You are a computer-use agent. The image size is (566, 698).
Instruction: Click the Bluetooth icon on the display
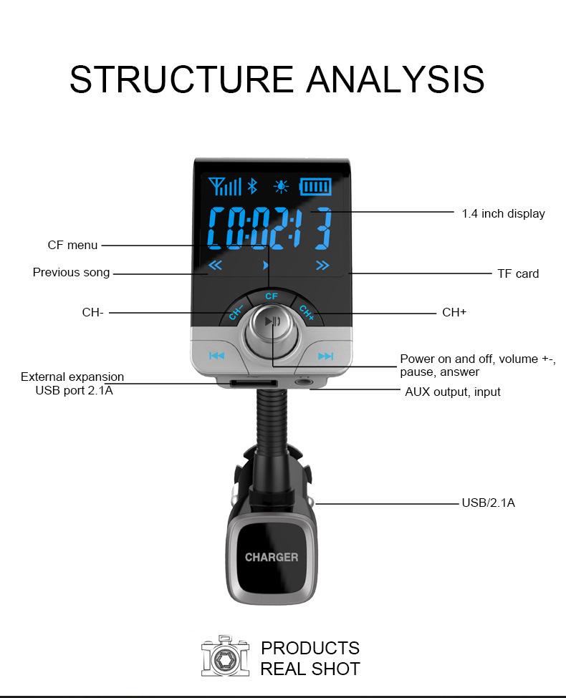point(252,187)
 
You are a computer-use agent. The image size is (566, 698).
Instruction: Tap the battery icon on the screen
point(315,187)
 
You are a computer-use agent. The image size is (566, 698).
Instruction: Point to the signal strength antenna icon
point(225,187)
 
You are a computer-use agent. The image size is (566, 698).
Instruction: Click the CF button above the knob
point(271,296)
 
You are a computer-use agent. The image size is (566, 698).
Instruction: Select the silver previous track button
point(216,356)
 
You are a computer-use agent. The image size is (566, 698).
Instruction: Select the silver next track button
point(325,356)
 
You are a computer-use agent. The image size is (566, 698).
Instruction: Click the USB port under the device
point(253,384)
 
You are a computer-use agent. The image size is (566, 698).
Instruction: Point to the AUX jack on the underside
point(307,383)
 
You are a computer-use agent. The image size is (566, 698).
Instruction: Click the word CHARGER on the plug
point(272,557)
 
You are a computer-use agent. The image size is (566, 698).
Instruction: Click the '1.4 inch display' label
point(503,213)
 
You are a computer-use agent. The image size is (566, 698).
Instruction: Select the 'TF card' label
point(518,273)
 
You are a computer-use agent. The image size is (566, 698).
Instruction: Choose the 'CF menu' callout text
point(72,246)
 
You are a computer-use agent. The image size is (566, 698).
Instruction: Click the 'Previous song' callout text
point(71,272)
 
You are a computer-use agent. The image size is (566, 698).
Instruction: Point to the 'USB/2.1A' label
point(488,503)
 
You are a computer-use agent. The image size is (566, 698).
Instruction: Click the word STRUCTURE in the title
point(182,79)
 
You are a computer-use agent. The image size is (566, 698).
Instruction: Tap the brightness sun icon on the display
point(282,187)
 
